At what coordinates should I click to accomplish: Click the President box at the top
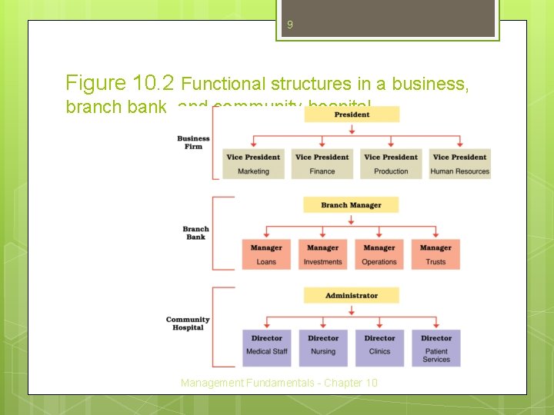(x=352, y=115)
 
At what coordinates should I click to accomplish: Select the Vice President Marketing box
(x=253, y=164)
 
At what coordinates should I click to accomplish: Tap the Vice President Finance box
(x=322, y=164)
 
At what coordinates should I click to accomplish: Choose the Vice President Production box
(x=391, y=164)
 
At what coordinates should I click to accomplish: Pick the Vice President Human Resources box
(x=459, y=164)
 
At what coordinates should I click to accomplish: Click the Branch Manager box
(x=351, y=205)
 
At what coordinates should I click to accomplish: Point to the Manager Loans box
(x=266, y=254)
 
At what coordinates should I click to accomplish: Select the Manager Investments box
(x=322, y=254)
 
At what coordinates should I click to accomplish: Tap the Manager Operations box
(x=379, y=254)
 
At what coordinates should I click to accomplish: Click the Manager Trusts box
(x=436, y=254)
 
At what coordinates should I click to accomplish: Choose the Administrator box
(x=351, y=295)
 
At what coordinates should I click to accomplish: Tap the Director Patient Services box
(x=436, y=347)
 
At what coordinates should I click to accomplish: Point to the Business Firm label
(x=193, y=143)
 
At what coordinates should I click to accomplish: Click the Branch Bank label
(x=195, y=233)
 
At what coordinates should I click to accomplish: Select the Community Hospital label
(x=188, y=324)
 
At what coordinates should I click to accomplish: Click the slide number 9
(x=289, y=25)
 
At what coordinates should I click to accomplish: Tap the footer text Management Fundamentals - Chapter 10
(x=279, y=383)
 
